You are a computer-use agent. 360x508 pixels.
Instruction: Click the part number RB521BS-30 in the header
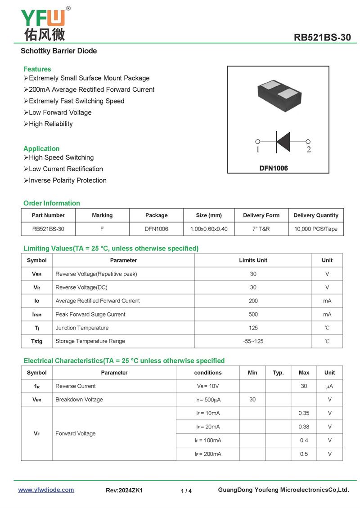pyautogui.click(x=322, y=37)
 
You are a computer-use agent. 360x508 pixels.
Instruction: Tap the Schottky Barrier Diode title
pyautogui.click(x=58, y=51)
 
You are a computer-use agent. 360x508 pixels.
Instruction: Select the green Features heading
pyautogui.click(x=37, y=69)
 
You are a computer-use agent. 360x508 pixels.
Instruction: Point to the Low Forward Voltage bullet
pyautogui.click(x=60, y=112)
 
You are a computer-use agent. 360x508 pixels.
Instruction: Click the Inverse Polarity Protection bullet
pyautogui.click(x=67, y=180)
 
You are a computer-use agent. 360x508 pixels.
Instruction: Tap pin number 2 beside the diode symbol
pyautogui.click(x=309, y=150)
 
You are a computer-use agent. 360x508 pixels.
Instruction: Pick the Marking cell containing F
pyautogui.click(x=102, y=229)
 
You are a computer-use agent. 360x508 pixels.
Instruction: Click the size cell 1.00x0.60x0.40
pyautogui.click(x=209, y=229)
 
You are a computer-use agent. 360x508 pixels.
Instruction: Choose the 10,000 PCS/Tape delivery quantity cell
pyautogui.click(x=316, y=229)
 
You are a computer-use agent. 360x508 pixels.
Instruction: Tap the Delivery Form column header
pyautogui.click(x=261, y=215)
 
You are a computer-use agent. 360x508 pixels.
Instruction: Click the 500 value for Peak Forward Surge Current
pyautogui.click(x=253, y=314)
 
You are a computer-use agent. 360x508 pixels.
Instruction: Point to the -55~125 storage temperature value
pyautogui.click(x=253, y=341)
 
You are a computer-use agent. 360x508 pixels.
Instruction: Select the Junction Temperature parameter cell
pyautogui.click(x=82, y=328)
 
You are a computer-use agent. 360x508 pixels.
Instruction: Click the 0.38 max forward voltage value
pyautogui.click(x=304, y=427)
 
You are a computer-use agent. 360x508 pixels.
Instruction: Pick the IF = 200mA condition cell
pyautogui.click(x=208, y=454)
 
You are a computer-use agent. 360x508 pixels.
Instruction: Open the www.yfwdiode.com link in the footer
pyautogui.click(x=46, y=490)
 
